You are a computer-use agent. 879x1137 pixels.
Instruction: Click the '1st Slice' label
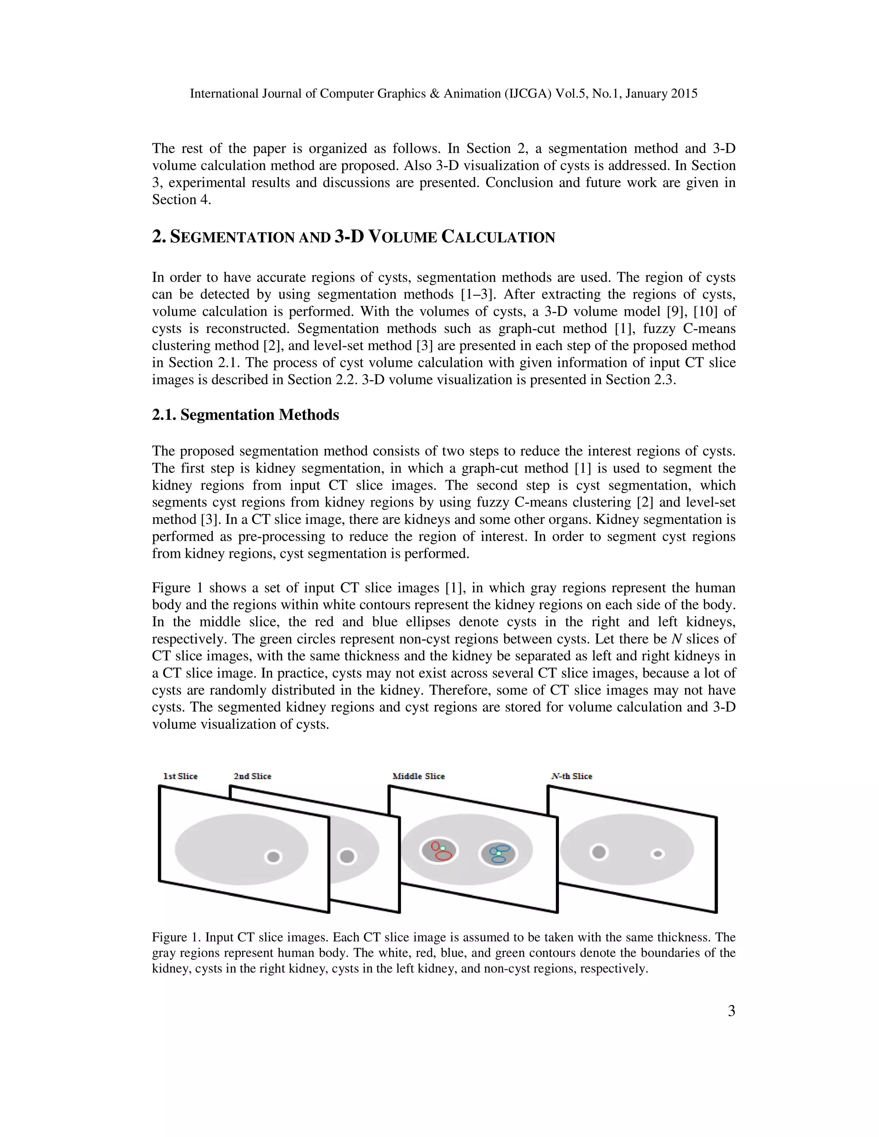coord(180,776)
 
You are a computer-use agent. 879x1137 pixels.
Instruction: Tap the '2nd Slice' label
coord(252,776)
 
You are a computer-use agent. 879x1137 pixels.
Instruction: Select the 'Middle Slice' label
coord(418,776)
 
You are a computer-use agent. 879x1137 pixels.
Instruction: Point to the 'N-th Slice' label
coord(571,776)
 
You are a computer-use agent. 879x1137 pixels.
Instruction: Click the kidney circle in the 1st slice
coord(273,856)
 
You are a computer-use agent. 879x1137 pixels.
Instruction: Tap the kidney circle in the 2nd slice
coord(347,856)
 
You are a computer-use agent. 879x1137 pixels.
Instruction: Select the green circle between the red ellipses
coord(443,848)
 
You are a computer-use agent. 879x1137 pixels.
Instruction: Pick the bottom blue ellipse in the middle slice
coord(498,859)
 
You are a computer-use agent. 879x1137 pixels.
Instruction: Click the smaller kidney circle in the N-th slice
coord(658,854)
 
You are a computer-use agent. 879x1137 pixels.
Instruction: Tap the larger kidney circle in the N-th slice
coord(599,852)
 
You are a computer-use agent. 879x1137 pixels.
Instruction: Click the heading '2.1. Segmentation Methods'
coord(245,415)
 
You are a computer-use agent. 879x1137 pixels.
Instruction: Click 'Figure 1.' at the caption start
coord(176,937)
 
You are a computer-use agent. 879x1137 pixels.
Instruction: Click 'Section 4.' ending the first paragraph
coord(181,200)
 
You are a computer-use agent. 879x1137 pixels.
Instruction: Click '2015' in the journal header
coord(684,94)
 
